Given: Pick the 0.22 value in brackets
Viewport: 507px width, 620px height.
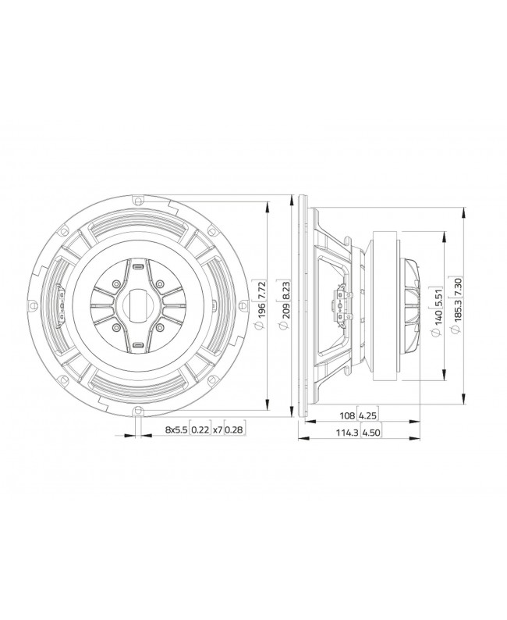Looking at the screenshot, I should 200,429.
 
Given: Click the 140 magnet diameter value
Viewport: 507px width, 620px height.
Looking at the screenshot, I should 440,319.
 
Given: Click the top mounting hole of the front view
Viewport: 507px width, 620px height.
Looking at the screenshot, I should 137,200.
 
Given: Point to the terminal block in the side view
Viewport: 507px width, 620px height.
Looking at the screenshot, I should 340,305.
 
